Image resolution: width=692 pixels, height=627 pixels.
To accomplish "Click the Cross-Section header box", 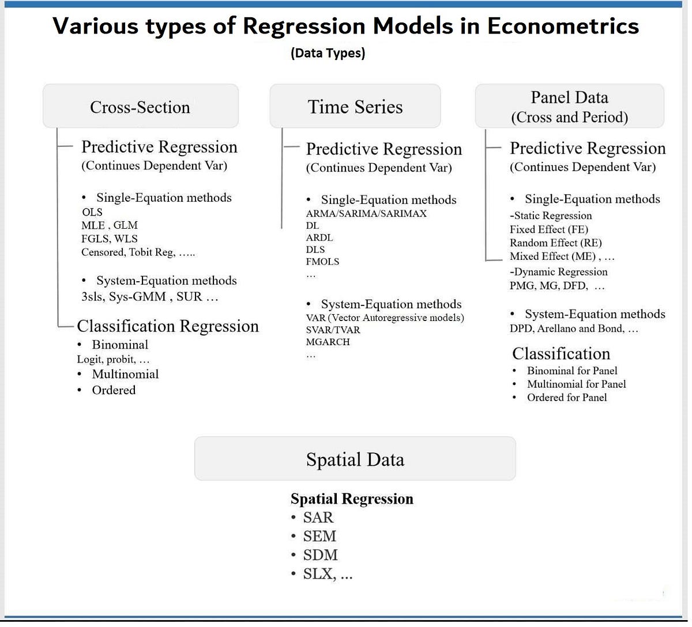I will (x=140, y=107).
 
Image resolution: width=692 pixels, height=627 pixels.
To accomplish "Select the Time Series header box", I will (x=355, y=107).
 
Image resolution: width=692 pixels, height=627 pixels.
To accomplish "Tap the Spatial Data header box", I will (x=355, y=459).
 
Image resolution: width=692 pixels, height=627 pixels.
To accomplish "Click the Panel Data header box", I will (x=569, y=107).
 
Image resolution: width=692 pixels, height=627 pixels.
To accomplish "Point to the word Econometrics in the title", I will (x=563, y=26).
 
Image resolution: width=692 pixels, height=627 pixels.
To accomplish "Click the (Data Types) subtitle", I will (x=328, y=54).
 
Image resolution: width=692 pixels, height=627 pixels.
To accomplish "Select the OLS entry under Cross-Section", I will (x=92, y=212).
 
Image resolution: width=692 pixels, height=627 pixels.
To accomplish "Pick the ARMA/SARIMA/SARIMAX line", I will (x=366, y=213).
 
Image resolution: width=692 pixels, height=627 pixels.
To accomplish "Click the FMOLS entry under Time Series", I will (x=322, y=262).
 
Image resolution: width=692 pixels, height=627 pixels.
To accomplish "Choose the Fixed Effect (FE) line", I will (x=549, y=229).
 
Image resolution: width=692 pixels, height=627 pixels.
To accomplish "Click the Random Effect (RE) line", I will (x=555, y=243).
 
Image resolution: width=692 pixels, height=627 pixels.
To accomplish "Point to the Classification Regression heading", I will (x=168, y=326).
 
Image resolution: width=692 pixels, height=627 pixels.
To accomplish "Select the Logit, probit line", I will (x=113, y=359).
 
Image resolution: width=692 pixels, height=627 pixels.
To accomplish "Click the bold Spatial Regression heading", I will (x=352, y=498).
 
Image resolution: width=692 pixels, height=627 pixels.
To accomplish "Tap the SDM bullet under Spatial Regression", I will (x=320, y=555).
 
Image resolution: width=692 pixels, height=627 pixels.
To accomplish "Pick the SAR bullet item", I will (x=318, y=518).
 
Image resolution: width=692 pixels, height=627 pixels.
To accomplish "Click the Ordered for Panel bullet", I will (x=566, y=397).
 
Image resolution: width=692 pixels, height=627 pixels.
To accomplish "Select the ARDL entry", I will (x=319, y=237).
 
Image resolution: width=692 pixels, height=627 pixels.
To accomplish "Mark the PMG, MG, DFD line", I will (x=557, y=285).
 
